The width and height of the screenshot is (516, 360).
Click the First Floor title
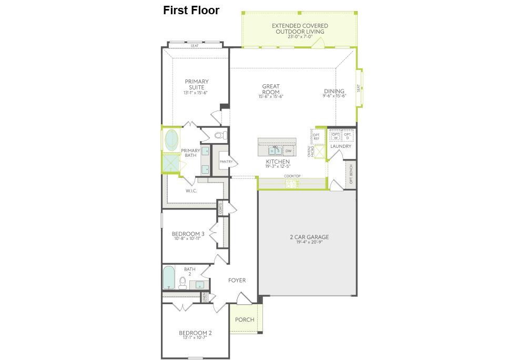click(x=191, y=11)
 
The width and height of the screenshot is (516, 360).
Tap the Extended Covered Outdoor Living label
click(x=300, y=28)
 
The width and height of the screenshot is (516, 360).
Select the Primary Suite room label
click(x=196, y=84)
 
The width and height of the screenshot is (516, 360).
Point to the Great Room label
click(x=271, y=89)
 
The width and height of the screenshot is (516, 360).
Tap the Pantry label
click(x=226, y=162)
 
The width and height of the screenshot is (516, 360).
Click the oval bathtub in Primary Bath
click(x=172, y=141)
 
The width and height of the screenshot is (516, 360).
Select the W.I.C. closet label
click(x=191, y=191)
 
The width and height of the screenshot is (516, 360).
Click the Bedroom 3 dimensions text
click(x=188, y=239)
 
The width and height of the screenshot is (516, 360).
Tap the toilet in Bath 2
click(x=183, y=283)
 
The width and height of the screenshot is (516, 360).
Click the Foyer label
click(x=237, y=281)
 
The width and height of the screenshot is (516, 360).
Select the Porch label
click(x=245, y=319)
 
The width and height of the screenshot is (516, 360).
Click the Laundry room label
click(x=340, y=146)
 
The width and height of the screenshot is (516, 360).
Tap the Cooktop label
click(x=292, y=176)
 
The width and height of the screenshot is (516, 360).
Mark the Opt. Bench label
click(x=351, y=175)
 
